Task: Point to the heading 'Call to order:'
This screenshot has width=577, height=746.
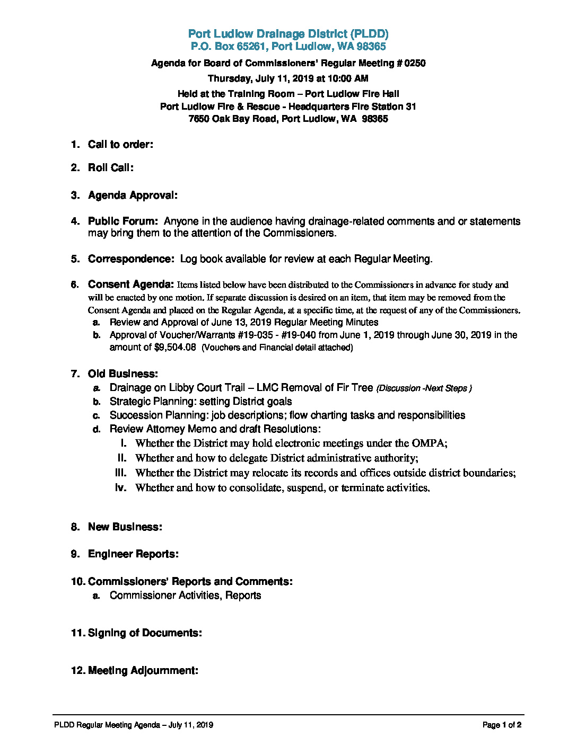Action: tap(120, 144)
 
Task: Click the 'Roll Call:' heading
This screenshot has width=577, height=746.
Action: tap(110, 167)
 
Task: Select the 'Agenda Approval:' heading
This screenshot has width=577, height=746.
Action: tap(133, 195)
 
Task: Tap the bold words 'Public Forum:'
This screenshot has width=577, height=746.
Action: tap(123, 221)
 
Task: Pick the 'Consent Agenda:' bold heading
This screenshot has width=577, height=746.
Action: tap(131, 284)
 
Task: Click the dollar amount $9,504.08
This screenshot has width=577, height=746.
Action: tap(175, 347)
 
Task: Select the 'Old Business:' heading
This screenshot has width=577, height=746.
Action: tap(123, 374)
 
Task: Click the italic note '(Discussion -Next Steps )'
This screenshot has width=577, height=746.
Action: tap(424, 388)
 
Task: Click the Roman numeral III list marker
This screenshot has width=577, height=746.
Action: tap(121, 473)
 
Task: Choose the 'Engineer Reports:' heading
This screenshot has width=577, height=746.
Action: tap(133, 554)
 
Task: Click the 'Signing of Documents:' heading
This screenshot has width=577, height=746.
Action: tap(145, 633)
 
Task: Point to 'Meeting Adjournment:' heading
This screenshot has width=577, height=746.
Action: tap(143, 670)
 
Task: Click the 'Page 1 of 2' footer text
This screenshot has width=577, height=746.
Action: tap(502, 725)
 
